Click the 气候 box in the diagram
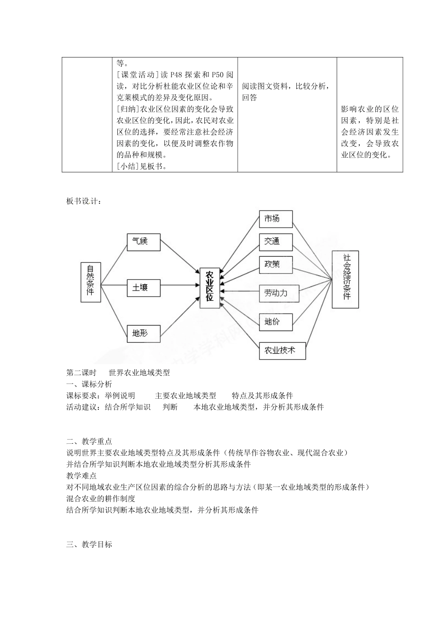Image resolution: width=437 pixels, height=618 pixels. (x=144, y=242)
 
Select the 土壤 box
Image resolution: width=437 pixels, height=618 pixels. (x=144, y=288)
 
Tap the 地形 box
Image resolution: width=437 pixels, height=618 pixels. (x=144, y=333)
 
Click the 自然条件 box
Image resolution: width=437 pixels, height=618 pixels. (x=91, y=282)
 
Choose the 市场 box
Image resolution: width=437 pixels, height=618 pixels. (x=276, y=219)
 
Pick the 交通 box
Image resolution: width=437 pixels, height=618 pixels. (x=276, y=241)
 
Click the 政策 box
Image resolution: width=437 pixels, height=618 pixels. (x=276, y=264)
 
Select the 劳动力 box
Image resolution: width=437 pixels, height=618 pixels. (x=279, y=293)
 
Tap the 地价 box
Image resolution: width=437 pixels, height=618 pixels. (x=276, y=321)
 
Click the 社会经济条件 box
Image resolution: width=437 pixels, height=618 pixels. (x=345, y=279)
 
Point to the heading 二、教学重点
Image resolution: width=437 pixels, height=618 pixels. (x=89, y=441)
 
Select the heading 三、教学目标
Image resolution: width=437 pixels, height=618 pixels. (x=89, y=544)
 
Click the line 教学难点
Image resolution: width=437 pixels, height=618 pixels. (x=81, y=475)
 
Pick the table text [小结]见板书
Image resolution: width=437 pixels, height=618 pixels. (x=142, y=166)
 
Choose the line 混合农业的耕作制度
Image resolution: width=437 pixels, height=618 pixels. (x=101, y=498)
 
